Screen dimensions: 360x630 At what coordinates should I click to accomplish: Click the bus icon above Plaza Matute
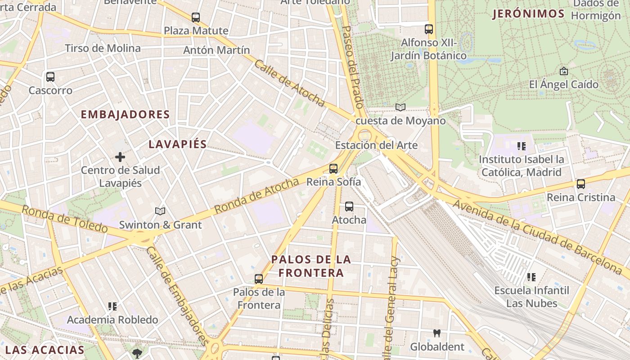click(x=196, y=18)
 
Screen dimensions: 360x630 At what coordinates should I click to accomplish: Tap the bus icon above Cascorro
click(x=50, y=77)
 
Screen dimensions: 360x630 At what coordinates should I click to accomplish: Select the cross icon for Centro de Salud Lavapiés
click(x=120, y=157)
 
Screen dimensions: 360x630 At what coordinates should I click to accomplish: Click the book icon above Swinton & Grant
click(x=160, y=211)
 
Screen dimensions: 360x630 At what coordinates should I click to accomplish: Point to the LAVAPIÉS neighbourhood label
click(x=177, y=144)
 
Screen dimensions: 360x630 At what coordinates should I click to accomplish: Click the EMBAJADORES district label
click(x=125, y=114)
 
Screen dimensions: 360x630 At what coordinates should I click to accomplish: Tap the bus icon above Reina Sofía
click(x=333, y=169)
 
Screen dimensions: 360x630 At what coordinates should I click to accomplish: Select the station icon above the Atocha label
click(x=349, y=207)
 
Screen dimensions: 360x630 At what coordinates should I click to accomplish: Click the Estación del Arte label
click(x=376, y=145)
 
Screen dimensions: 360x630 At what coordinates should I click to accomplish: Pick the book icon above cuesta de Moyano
click(x=400, y=107)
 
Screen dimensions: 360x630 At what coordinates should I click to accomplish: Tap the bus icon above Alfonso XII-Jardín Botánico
click(x=429, y=29)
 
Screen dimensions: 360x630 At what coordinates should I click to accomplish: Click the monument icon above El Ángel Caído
click(x=563, y=71)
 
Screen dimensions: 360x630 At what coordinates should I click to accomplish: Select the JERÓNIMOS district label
click(x=528, y=14)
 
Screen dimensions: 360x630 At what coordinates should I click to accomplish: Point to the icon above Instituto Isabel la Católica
click(x=522, y=146)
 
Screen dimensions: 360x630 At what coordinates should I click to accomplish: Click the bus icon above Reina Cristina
click(x=581, y=184)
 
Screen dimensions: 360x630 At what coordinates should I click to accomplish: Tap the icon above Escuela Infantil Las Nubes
click(x=531, y=277)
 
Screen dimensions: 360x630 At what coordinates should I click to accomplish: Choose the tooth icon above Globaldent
click(x=436, y=333)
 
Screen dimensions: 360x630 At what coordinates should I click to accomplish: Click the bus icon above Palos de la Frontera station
click(x=259, y=279)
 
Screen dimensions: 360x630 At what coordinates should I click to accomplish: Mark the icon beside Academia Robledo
click(x=112, y=306)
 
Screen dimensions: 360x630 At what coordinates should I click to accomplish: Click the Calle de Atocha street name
click(x=289, y=83)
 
